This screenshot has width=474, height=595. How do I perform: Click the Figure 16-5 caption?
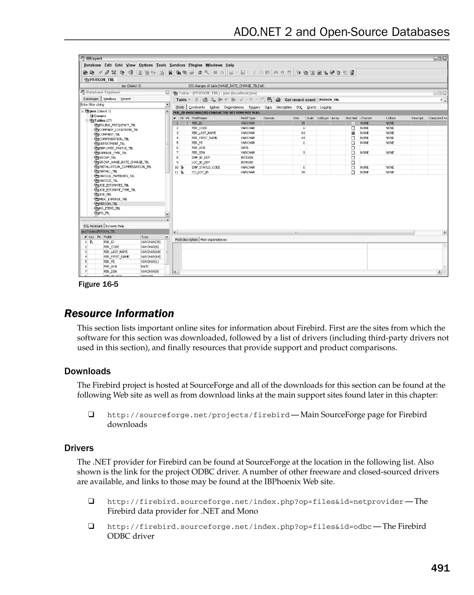point(98,284)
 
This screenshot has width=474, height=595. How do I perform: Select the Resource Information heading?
point(119,314)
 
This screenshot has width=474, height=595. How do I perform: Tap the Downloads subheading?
point(87,371)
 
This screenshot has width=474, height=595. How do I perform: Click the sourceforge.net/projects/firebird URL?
point(198,415)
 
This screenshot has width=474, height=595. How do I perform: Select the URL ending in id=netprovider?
point(255,502)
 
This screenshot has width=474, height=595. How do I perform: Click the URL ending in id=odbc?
point(239,526)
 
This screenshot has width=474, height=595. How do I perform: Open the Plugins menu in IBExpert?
point(195,65)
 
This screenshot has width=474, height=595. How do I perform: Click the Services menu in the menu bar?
point(177,65)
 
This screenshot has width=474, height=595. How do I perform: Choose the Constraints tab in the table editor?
point(197,107)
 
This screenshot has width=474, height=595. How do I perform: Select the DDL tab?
point(299,107)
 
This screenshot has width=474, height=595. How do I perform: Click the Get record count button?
point(300,100)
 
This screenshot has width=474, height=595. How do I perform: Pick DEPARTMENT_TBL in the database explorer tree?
point(112,144)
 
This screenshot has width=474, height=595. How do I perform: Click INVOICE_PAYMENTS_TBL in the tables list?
point(117,176)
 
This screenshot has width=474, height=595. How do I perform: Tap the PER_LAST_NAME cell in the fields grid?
point(204,133)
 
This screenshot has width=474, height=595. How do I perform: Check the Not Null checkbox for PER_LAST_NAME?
point(353,133)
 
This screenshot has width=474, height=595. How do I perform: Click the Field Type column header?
point(248,118)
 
